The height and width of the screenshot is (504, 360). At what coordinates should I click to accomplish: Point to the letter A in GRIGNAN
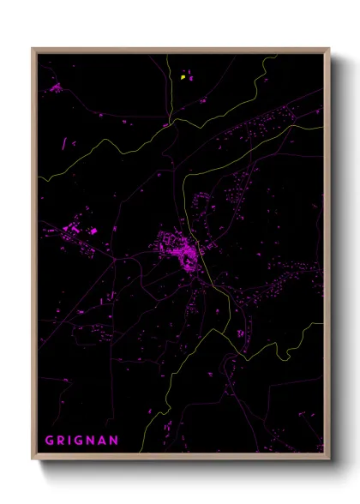105,441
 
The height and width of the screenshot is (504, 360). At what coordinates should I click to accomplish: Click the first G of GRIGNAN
50,441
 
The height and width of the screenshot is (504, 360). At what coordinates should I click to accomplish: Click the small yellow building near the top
183,78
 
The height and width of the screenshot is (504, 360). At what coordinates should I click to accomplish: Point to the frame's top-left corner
33,49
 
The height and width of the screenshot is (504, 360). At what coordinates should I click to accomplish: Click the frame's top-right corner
329,49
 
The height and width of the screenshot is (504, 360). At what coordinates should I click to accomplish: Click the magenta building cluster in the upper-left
57,87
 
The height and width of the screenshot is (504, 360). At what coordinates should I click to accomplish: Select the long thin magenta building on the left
63,143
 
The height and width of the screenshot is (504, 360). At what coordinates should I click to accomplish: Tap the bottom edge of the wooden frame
181,457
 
